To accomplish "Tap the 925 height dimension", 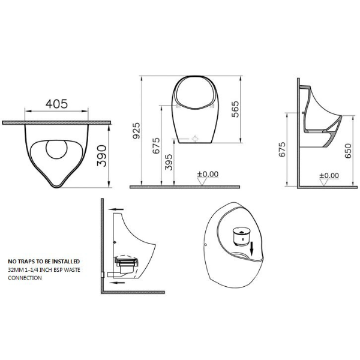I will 136,130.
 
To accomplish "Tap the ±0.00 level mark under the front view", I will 208,175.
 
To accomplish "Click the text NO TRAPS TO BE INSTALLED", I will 43,262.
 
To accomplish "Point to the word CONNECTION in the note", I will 25,278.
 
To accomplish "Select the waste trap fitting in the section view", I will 125,262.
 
